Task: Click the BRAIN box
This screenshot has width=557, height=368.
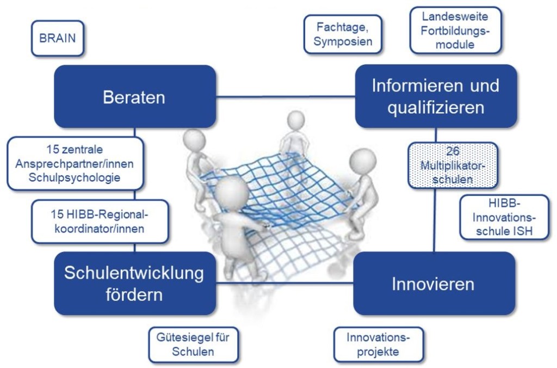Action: pyautogui.click(x=58, y=38)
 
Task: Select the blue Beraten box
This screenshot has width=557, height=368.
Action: pyautogui.click(x=135, y=97)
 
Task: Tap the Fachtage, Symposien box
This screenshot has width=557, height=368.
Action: pyautogui.click(x=342, y=34)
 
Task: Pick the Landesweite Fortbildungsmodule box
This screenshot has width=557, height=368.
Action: pyautogui.click(x=455, y=30)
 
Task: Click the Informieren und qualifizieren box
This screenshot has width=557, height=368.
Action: pyautogui.click(x=435, y=96)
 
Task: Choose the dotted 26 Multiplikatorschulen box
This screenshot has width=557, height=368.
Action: pyautogui.click(x=452, y=165)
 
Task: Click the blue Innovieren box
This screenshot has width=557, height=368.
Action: pyautogui.click(x=434, y=283)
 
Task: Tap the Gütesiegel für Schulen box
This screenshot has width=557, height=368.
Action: pyautogui.click(x=193, y=345)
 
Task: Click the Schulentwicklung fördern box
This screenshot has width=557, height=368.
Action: pyautogui.click(x=135, y=283)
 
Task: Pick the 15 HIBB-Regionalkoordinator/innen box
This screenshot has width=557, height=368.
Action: pyautogui.click(x=99, y=221)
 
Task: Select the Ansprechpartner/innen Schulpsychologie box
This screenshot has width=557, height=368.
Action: pyautogui.click(x=75, y=163)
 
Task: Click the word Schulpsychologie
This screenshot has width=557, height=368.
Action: pyautogui.click(x=75, y=177)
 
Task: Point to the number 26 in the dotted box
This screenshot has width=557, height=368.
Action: pyautogui.click(x=453, y=150)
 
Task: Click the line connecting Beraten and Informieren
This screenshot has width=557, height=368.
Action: pyautogui.click(x=286, y=97)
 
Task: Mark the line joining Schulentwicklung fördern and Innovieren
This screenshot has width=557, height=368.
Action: pyautogui.click(x=285, y=283)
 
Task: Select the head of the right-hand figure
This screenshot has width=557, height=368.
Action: pyautogui.click(x=362, y=162)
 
